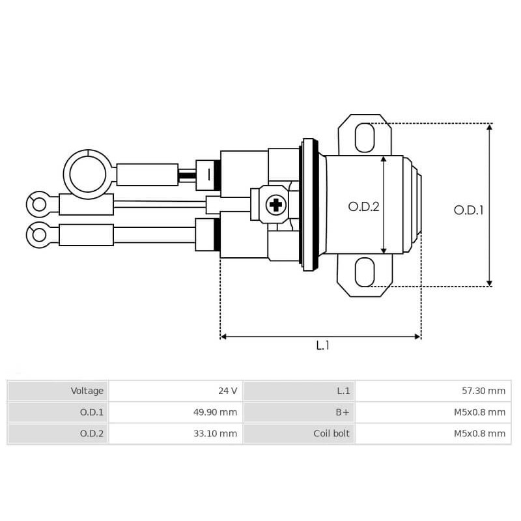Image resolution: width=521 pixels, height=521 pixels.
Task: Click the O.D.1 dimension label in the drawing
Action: point(469,210)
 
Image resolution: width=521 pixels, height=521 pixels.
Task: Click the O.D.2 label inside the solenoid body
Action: point(363,206)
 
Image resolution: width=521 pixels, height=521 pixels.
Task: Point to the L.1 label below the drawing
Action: point(322,346)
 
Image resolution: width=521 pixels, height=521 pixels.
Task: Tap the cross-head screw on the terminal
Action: point(276,205)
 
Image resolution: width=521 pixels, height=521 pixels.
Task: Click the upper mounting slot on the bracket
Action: point(364,137)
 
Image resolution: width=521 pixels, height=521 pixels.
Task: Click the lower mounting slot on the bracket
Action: point(364,272)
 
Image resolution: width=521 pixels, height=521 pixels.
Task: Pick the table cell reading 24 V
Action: point(227,391)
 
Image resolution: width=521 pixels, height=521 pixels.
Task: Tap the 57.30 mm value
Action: point(483,391)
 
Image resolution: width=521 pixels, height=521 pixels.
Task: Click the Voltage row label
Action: point(87,391)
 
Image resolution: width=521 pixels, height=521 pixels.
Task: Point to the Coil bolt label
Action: point(332,434)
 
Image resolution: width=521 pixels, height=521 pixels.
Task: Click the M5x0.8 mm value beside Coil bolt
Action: point(479,434)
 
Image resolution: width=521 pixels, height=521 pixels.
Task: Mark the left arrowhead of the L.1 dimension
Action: point(223,337)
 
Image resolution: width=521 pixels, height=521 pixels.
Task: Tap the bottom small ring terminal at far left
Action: point(39,234)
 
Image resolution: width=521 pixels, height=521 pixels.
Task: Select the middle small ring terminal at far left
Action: point(39,204)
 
